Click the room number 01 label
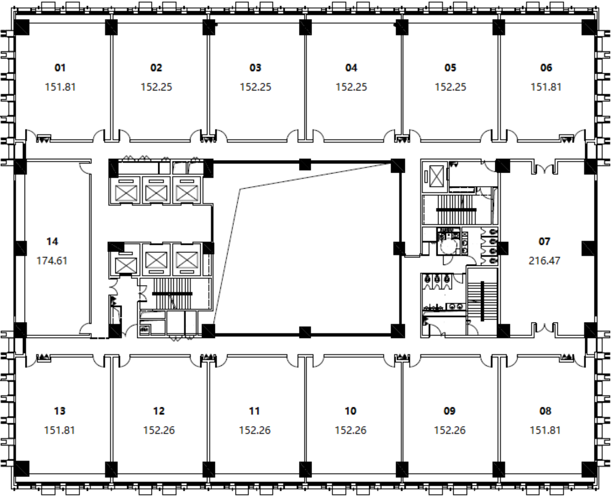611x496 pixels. [60, 68]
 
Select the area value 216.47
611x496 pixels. [544, 261]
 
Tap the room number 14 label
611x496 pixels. [52, 242]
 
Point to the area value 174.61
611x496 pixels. [52, 261]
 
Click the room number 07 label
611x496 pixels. [544, 242]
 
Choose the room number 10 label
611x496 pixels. [350, 411]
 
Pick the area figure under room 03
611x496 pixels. [255, 87]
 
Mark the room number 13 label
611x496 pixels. [59, 411]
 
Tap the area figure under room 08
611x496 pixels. [545, 430]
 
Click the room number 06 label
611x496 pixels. [546, 68]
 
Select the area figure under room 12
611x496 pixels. [159, 430]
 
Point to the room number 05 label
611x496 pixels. [450, 68]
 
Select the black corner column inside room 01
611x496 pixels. [21, 27]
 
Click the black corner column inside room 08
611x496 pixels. [589, 469]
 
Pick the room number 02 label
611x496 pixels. [156, 68]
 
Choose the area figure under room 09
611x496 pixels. [450, 430]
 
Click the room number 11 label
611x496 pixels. [255, 411]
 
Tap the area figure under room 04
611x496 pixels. [351, 87]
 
